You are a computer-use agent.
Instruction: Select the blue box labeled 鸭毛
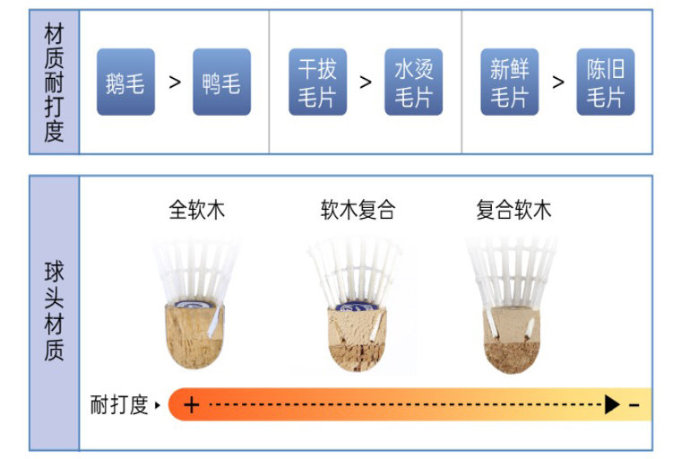click(x=221, y=82)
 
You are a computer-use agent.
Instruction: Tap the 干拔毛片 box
click(x=317, y=82)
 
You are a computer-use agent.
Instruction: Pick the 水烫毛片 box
click(x=413, y=82)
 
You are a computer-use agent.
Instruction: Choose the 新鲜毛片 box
click(x=509, y=82)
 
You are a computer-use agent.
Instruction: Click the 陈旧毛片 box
click(x=605, y=82)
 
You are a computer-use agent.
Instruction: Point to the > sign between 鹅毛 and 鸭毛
click(x=175, y=82)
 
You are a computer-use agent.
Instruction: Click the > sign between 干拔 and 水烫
click(x=366, y=82)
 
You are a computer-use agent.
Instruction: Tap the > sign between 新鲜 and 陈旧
click(x=557, y=82)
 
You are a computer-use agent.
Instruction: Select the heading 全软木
click(x=197, y=211)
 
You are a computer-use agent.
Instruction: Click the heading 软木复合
click(x=358, y=211)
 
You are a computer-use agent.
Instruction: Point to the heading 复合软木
click(x=513, y=211)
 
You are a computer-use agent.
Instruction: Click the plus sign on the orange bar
click(x=191, y=405)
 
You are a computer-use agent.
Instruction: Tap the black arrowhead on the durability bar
click(x=613, y=405)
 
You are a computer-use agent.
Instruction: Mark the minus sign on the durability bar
click(x=634, y=405)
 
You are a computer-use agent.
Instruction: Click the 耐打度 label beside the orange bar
click(x=119, y=405)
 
